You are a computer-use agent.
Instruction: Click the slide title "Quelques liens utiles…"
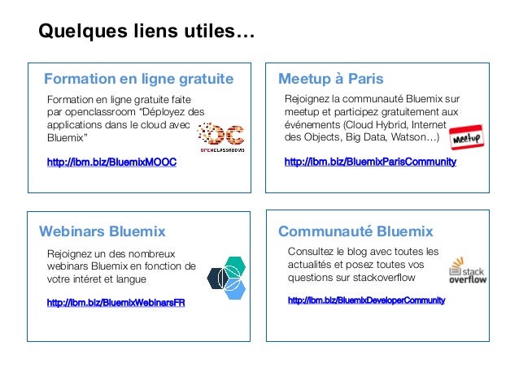click(146, 32)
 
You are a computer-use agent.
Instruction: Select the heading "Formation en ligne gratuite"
click(138, 79)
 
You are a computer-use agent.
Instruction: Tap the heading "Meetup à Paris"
click(330, 79)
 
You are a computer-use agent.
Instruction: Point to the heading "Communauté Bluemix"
click(355, 231)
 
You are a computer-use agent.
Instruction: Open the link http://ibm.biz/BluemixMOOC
click(111, 163)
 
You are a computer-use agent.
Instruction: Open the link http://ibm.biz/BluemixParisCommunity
click(370, 162)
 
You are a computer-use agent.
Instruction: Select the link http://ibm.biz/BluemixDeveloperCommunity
click(366, 300)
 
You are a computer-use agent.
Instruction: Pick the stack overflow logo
click(468, 273)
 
